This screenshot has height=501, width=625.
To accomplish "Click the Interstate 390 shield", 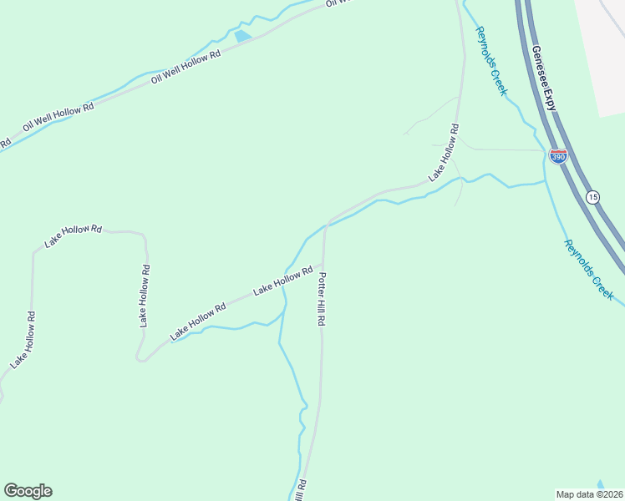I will point(558,156).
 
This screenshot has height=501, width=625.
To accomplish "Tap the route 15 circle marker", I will point(592,197).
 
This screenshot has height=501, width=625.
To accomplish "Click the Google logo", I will point(28,491).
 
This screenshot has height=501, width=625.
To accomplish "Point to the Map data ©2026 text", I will point(589,494).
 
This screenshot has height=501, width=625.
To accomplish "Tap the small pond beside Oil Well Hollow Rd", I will point(242,36).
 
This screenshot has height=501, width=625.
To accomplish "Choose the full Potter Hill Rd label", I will point(321,298).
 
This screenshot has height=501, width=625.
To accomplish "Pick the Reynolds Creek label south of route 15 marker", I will point(588,270).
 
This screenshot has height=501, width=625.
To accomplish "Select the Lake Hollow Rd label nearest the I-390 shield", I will point(444,153).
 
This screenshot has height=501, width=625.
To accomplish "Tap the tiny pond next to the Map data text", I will point(601,484).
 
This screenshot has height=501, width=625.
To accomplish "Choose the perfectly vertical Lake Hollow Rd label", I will point(145,295).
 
